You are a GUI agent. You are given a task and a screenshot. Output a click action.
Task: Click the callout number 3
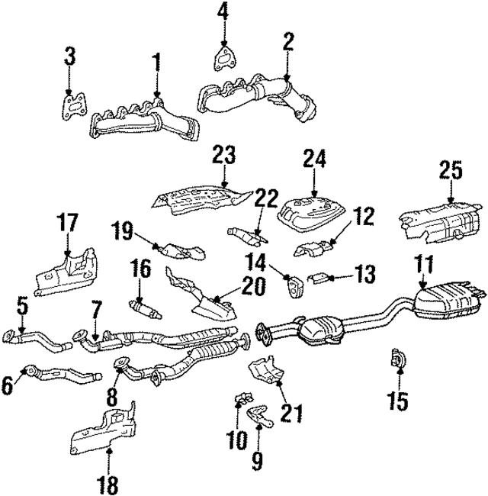(69, 55)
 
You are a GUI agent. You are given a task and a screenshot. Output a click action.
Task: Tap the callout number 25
(451, 172)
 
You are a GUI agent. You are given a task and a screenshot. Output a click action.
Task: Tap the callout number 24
(314, 159)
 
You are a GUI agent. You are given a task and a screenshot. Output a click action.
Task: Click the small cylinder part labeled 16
(142, 308)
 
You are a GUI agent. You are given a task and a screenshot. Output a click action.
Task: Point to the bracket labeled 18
(105, 431)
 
